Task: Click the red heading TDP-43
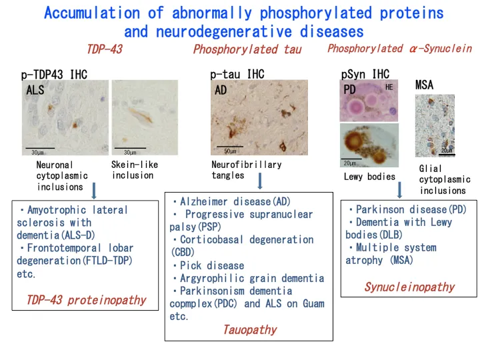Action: click(104, 49)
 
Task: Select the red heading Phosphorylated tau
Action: click(247, 49)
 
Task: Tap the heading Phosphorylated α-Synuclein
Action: click(399, 48)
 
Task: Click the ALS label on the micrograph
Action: click(35, 90)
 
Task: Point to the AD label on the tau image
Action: click(221, 90)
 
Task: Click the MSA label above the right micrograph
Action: click(424, 85)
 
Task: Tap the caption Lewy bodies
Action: click(369, 177)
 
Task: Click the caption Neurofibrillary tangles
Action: click(246, 170)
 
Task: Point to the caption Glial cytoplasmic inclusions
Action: click(444, 179)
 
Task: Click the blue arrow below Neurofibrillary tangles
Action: click(259, 181)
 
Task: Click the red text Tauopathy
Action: click(249, 329)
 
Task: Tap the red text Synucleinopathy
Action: click(409, 287)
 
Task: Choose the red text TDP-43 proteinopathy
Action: click(86, 300)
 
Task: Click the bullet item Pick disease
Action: click(207, 265)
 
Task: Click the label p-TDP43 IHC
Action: click(54, 75)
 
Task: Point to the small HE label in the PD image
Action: click(389, 87)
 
